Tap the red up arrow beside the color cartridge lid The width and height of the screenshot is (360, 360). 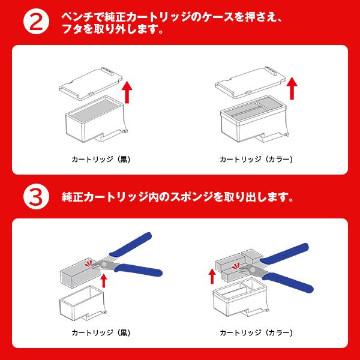(x=292, y=88)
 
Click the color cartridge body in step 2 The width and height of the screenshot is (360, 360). (x=252, y=123)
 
